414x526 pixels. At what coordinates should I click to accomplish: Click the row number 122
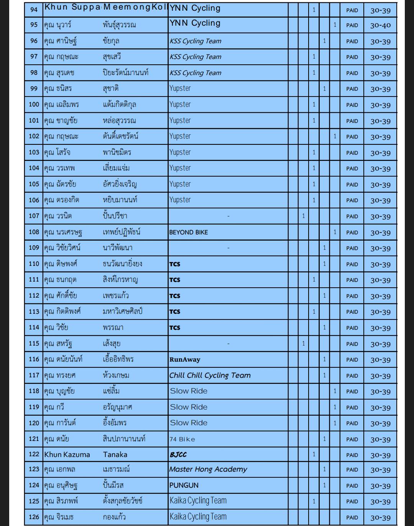pyautogui.click(x=34, y=454)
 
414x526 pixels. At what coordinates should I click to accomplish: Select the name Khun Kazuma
pyautogui.click(x=67, y=455)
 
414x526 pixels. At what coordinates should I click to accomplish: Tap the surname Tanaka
pyautogui.click(x=115, y=455)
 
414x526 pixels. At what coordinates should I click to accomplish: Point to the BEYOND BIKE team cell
pyautogui.click(x=189, y=232)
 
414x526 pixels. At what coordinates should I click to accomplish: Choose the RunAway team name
pyautogui.click(x=185, y=359)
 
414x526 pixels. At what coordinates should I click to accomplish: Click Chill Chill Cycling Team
pyautogui.click(x=210, y=375)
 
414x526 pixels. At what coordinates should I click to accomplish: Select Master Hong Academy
pyautogui.click(x=208, y=469)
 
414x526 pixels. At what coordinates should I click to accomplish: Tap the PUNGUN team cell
pyautogui.click(x=184, y=485)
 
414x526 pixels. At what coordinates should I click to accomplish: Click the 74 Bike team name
pyautogui.click(x=182, y=439)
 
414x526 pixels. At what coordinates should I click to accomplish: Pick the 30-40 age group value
pyautogui.click(x=380, y=25)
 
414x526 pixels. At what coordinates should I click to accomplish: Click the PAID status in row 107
pyautogui.click(x=352, y=216)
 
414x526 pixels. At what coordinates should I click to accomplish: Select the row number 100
pyautogui.click(x=34, y=104)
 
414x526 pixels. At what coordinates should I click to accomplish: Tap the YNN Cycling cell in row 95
pyautogui.click(x=195, y=23)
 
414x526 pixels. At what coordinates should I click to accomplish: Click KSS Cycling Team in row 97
pyautogui.click(x=195, y=57)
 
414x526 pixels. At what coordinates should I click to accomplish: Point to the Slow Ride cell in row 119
pyautogui.click(x=189, y=407)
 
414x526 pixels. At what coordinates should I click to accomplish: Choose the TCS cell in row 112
pyautogui.click(x=175, y=296)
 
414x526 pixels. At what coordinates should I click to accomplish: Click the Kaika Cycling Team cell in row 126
pyautogui.click(x=198, y=517)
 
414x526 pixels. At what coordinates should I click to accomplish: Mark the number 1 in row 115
pyautogui.click(x=303, y=344)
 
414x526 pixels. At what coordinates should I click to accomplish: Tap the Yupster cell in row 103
pyautogui.click(x=180, y=152)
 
